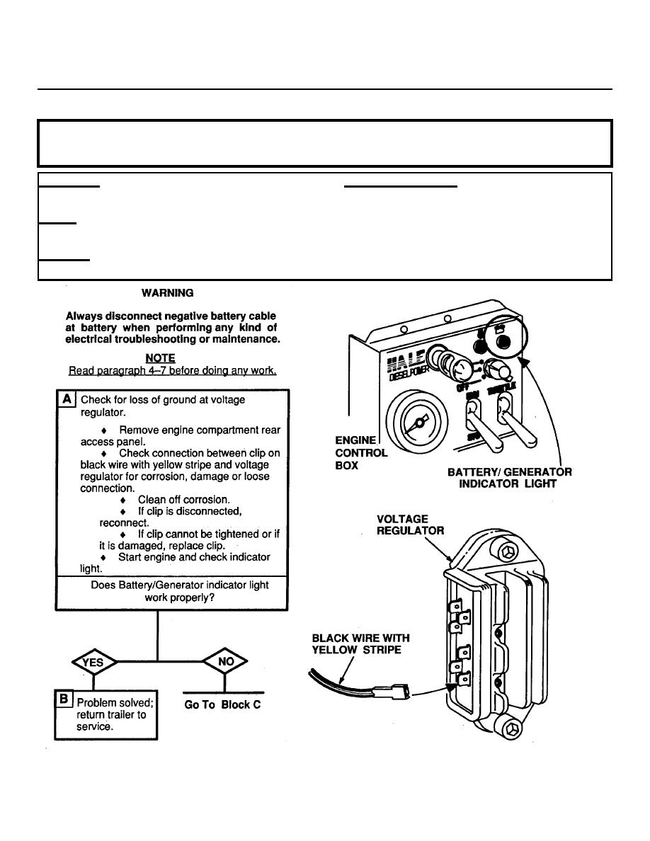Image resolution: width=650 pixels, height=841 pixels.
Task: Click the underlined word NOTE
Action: click(160, 358)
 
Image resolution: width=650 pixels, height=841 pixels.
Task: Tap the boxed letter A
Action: click(67, 399)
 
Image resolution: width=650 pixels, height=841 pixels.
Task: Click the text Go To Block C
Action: click(222, 705)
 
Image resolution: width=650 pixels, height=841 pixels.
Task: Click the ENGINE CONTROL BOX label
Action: click(360, 453)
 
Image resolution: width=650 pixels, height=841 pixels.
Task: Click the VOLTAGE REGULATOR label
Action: click(411, 525)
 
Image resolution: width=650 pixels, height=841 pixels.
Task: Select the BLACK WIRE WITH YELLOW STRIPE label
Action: click(360, 643)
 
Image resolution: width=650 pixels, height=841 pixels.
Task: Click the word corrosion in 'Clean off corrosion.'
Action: click(205, 499)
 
